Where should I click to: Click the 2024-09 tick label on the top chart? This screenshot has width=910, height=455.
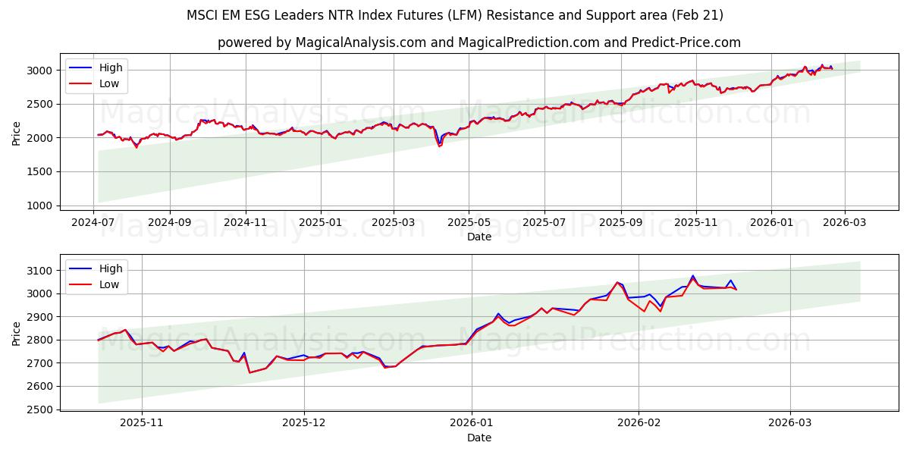pyautogui.click(x=169, y=222)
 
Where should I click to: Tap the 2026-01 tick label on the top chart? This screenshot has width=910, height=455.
pyautogui.click(x=770, y=222)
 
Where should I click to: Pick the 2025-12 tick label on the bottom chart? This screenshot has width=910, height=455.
pyautogui.click(x=304, y=423)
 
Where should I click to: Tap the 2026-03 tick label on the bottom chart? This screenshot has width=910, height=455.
pyautogui.click(x=790, y=423)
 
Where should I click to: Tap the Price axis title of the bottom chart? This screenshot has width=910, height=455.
pyautogui.click(x=16, y=333)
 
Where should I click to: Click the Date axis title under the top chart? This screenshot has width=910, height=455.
pyautogui.click(x=479, y=237)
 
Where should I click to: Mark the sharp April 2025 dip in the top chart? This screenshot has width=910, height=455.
pyautogui.click(x=439, y=145)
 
